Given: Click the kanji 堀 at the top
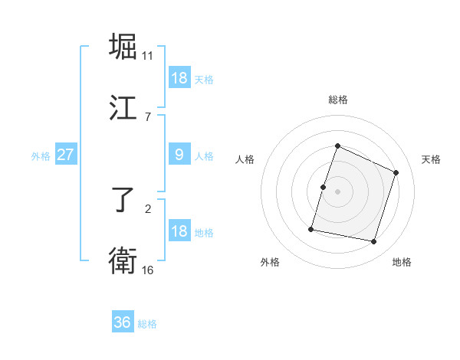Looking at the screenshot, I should pos(123,47).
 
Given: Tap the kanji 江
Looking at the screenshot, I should pos(123,109).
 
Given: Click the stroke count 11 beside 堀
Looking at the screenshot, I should pos(148,55).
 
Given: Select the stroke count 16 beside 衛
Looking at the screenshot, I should pos(148,270).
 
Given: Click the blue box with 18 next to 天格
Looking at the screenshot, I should pos(179,77).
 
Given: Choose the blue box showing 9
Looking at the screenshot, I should pos(179,155).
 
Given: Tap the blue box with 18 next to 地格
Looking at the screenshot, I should pos(179,231).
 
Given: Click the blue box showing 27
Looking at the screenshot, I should pos(66,155).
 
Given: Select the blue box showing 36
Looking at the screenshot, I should pos(123,322).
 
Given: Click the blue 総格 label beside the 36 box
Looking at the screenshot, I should pos(147,324).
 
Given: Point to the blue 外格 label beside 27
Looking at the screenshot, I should pos(41,156).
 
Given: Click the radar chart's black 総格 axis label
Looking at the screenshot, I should pos(338,100).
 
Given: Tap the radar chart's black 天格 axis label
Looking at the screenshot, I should pos(431,159).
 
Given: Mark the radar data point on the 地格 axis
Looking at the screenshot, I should pos(373,241).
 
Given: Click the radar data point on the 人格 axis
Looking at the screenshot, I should pos(323,187).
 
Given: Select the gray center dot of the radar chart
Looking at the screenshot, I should pos(338,191).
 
